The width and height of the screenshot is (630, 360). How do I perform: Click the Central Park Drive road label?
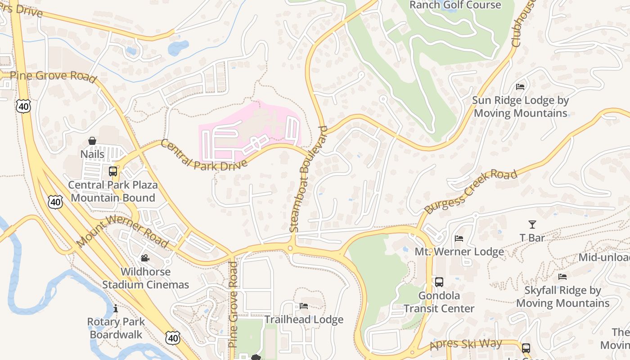click(203, 156)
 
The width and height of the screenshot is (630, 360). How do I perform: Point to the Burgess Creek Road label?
click(471, 191)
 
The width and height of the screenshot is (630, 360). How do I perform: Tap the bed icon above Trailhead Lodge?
click(304, 306)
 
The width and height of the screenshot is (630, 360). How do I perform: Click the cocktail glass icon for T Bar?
click(532, 225)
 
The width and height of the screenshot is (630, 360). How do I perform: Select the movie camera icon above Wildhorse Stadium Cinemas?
click(145, 258)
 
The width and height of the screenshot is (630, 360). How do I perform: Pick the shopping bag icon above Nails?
click(92, 141)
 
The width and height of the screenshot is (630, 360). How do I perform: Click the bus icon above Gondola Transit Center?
click(439, 282)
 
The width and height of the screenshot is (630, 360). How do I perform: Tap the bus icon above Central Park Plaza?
click(113, 171)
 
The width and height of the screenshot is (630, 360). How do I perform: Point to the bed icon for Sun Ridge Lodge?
click(520, 87)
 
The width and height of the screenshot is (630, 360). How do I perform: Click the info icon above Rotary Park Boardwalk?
click(116, 309)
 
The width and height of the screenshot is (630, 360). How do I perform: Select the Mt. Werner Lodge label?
click(459, 252)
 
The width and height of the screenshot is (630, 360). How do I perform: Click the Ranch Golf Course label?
click(455, 5)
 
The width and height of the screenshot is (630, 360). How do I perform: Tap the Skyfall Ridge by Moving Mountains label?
click(562, 297)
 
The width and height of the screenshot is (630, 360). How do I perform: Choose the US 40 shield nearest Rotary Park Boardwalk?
click(172, 337)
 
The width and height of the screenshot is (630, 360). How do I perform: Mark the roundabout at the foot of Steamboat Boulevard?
click(291, 248)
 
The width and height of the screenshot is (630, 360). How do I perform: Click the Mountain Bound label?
click(113, 198)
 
